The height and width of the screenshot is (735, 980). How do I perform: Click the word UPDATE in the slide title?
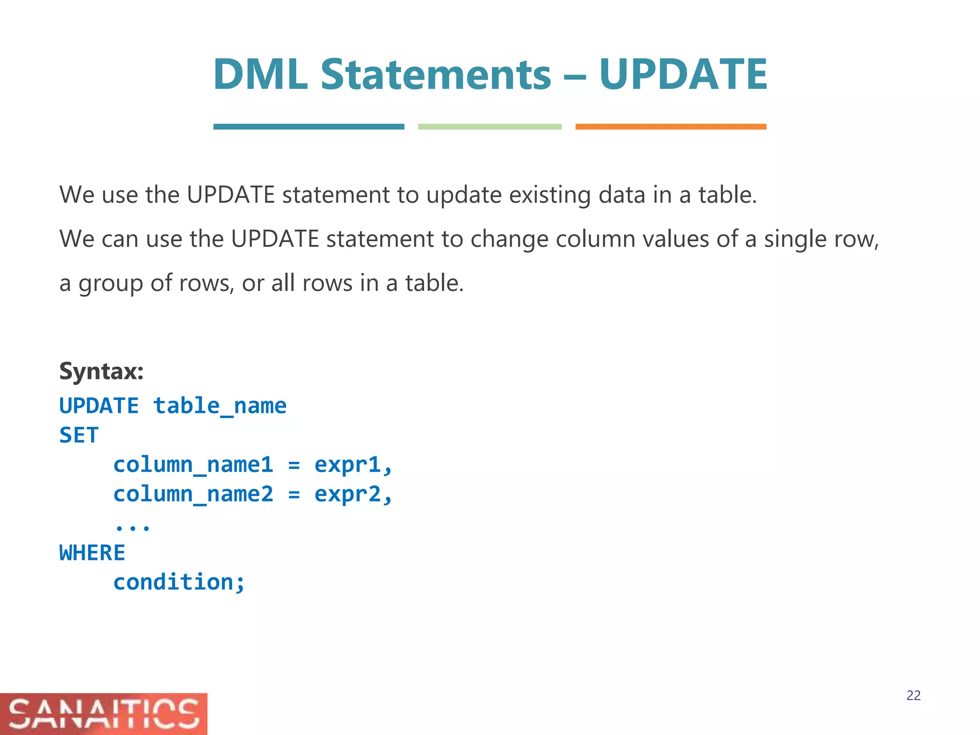tap(683, 75)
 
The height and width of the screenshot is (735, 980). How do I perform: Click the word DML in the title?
tap(260, 75)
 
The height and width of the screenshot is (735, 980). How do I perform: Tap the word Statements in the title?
tap(435, 75)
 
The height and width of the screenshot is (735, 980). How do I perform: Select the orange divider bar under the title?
tap(670, 127)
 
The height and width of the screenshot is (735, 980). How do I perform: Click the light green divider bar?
tap(490, 127)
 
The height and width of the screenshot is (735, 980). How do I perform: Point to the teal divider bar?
tap(309, 127)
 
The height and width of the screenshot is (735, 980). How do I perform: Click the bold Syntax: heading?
tap(101, 371)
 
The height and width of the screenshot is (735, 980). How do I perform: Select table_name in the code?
tap(220, 406)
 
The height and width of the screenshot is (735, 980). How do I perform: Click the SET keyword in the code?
tap(79, 435)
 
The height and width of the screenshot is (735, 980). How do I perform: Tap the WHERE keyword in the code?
tap(92, 553)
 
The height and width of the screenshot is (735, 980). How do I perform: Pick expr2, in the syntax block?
tap(353, 494)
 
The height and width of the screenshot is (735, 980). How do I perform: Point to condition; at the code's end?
tap(179, 582)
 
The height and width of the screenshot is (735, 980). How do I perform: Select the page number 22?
tap(913, 696)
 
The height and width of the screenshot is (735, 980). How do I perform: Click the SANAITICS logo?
tap(103, 713)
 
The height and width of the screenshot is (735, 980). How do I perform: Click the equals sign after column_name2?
tap(294, 494)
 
